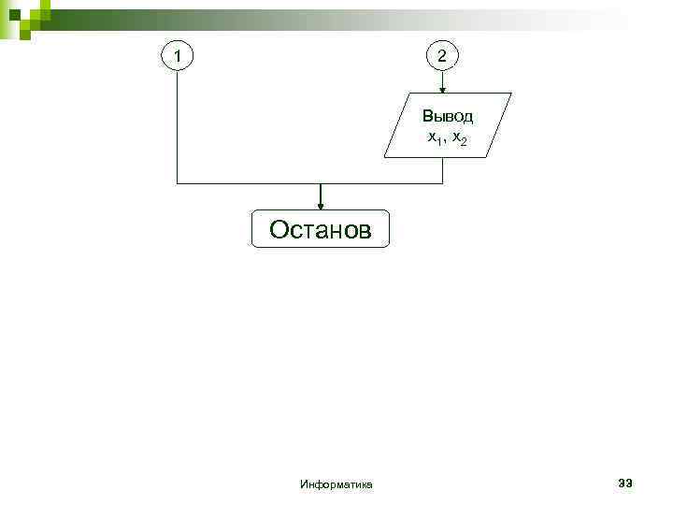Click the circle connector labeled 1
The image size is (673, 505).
[x=178, y=57]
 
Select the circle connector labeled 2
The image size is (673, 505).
[x=442, y=57]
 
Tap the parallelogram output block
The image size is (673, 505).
[x=448, y=124]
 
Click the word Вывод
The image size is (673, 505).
[x=448, y=117]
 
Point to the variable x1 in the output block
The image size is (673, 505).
[x=434, y=138]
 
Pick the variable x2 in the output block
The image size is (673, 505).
[x=458, y=138]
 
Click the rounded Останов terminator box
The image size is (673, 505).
[x=320, y=229]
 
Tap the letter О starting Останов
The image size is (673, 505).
[x=279, y=229]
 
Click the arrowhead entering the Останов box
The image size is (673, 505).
[x=321, y=206]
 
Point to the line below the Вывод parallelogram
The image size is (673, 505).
[x=442, y=169]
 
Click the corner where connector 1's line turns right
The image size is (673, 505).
[x=178, y=183]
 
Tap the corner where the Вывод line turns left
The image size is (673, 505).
[x=442, y=183]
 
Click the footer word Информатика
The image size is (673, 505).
[x=336, y=484]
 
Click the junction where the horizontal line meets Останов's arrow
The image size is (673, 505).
[x=321, y=183]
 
